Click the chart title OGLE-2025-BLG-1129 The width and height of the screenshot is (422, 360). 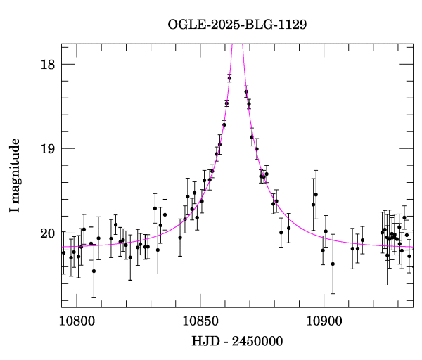coord(237,25)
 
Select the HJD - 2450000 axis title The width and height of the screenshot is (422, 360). coord(237,341)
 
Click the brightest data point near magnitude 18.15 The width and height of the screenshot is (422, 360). coord(229,78)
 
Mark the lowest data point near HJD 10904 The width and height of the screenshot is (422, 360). coord(333,264)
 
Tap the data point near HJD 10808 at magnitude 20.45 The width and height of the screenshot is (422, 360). coord(94,271)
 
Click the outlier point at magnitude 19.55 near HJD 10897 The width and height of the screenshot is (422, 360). coord(316,195)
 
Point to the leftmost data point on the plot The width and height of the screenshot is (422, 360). coord(63,252)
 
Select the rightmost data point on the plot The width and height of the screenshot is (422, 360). coord(409,256)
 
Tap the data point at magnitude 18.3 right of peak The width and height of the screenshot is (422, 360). coord(246,91)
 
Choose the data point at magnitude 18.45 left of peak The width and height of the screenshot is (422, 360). coord(226,103)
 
